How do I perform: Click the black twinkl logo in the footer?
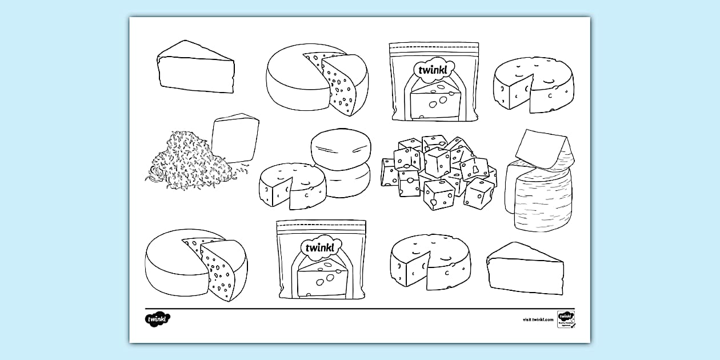point(158,319)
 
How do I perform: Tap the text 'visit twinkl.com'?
point(538,319)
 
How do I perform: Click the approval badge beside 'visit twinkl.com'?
point(566,319)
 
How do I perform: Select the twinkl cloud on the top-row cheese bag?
point(434,69)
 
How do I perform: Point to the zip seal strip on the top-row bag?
point(434,46)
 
